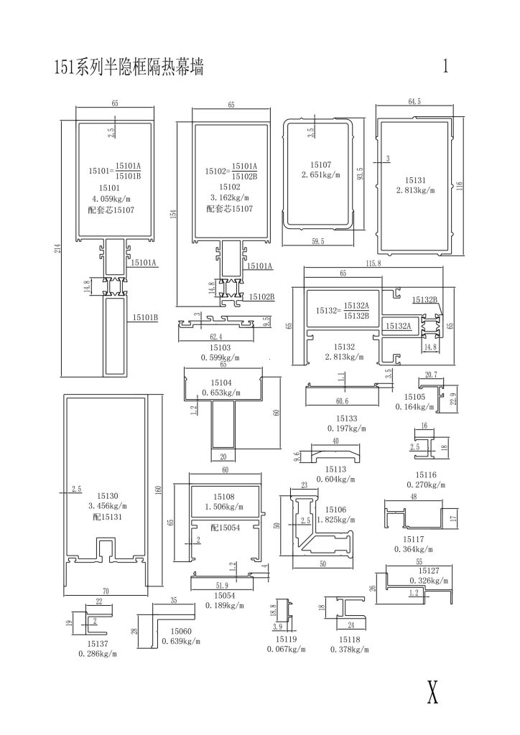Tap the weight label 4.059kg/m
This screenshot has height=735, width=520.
click(x=112, y=198)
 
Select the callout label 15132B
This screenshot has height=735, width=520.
click(x=424, y=299)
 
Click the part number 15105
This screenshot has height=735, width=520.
click(x=415, y=397)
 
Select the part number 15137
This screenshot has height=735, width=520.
click(x=96, y=645)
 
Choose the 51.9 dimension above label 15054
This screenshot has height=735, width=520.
click(x=223, y=586)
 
